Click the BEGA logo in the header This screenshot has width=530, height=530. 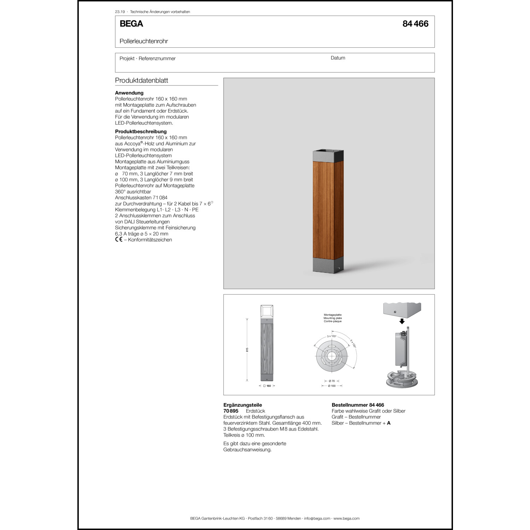(131, 24)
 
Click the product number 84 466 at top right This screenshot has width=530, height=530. (415, 24)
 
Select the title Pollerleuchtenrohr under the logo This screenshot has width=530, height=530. (143, 41)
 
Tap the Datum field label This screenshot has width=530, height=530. (338, 58)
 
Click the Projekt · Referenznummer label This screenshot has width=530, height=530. (147, 58)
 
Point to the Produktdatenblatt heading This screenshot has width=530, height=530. (141, 80)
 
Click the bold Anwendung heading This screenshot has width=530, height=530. (129, 93)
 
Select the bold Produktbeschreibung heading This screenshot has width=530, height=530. (141, 131)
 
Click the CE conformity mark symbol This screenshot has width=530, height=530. (119, 240)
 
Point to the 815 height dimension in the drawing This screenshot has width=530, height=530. (247, 349)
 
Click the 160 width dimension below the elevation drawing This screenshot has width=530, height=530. (269, 386)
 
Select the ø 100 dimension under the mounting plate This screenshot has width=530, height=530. (332, 386)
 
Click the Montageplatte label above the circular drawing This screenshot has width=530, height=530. (332, 315)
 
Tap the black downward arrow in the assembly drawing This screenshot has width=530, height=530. (402, 321)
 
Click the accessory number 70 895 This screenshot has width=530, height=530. (231, 411)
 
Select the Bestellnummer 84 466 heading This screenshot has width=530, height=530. (358, 405)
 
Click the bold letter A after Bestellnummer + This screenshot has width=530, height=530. (389, 423)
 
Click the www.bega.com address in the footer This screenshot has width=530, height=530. (346, 518)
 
